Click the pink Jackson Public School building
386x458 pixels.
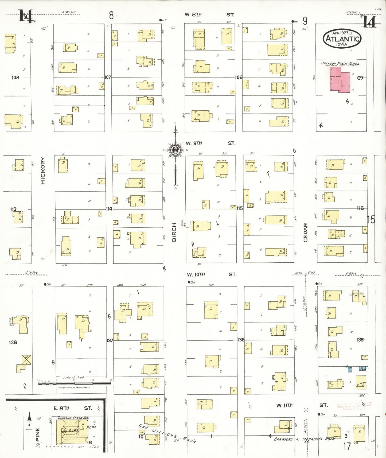[x=340, y=80]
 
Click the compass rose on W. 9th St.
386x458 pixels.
[x=175, y=150]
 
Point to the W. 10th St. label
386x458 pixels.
[x=211, y=274]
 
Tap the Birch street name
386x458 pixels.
[x=174, y=232]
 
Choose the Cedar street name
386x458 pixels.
[x=306, y=232]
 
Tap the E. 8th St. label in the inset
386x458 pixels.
[x=73, y=408]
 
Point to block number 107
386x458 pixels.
[x=107, y=77]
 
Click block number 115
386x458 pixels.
[x=239, y=208]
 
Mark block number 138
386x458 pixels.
[x=13, y=342]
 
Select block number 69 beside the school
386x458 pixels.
[x=360, y=78]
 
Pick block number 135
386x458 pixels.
[x=360, y=340]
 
